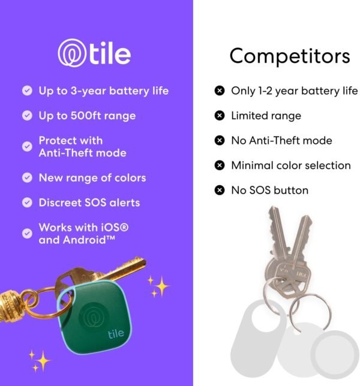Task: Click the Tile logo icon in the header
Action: pos(71,53)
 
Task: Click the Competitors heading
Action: pos(289,56)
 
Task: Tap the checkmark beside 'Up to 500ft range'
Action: pos(27,116)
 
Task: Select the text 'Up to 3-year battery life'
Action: pos(104,91)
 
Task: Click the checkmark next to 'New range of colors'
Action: pos(27,178)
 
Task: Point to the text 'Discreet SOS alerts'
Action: pos(89,203)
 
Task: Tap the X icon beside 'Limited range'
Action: pos(220,116)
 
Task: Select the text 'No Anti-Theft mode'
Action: pos(281,140)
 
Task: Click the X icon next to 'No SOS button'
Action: pos(220,191)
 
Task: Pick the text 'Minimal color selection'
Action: pos(291,165)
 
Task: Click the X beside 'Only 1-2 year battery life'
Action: pos(220,91)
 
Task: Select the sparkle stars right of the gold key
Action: pos(158,286)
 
